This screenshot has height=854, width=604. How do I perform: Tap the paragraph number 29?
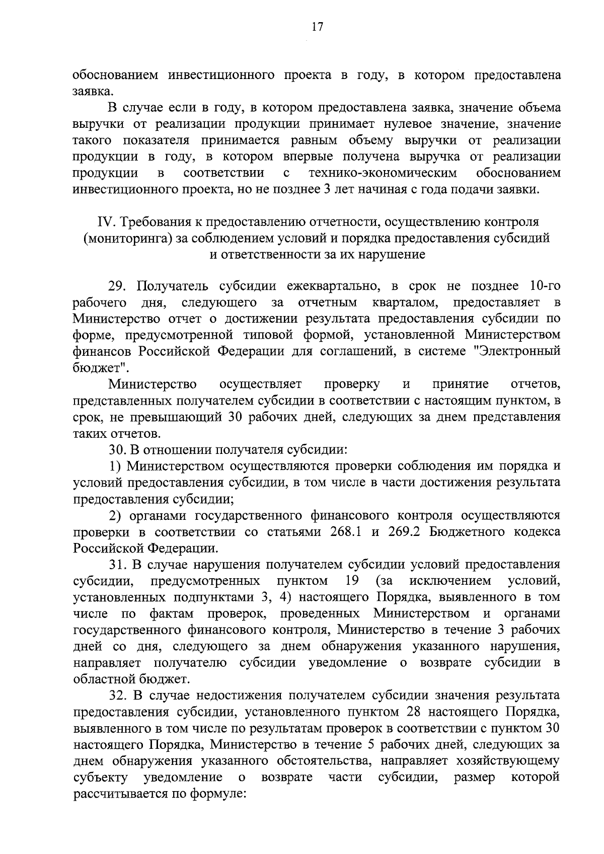click(117, 286)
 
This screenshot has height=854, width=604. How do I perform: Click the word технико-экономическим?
click(383, 173)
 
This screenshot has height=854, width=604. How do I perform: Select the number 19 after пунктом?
click(352, 581)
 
